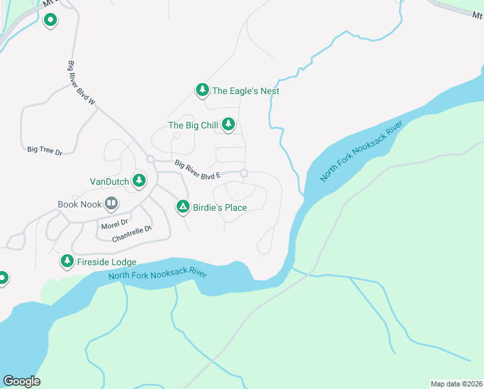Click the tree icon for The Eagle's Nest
point(202,90)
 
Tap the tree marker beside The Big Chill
point(228,124)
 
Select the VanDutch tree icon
point(138,181)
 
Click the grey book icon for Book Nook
point(111,204)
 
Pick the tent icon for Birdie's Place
point(183,207)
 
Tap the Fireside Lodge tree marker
point(67,261)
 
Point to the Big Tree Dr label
point(45,150)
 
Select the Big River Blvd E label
point(198,171)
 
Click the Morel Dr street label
point(115,225)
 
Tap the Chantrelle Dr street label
point(131,233)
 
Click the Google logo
point(21,381)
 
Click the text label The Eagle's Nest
point(246,91)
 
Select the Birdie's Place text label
point(221,207)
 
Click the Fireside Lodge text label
point(107,262)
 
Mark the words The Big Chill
point(193,125)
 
